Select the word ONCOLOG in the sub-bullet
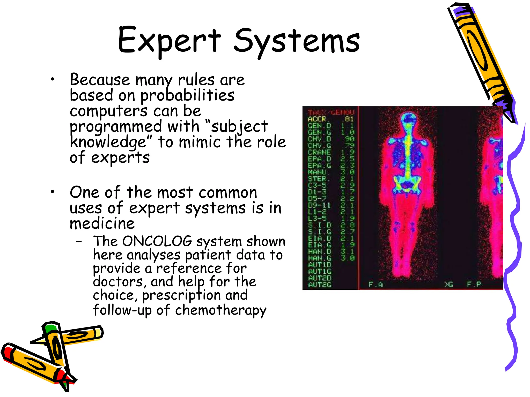pyautogui.click(x=157, y=241)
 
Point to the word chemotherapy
pyautogui.click(x=220, y=310)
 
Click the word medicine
pyautogui.click(x=102, y=223)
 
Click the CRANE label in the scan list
pyautogui.click(x=319, y=152)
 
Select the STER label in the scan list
pyautogui.click(x=317, y=179)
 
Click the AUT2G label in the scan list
pyautogui.click(x=320, y=285)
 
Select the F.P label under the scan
pyautogui.click(x=474, y=284)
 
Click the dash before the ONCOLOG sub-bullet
pyautogui.click(x=79, y=242)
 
